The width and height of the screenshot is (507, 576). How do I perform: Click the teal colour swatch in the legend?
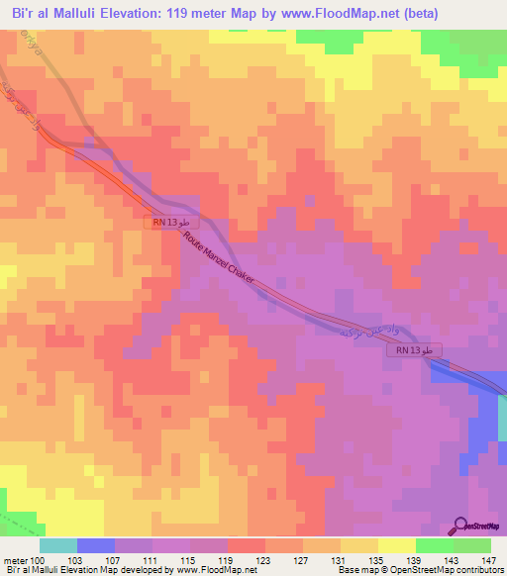58,545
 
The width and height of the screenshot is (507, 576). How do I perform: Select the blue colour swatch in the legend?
96,545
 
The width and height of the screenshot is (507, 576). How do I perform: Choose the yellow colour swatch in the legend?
396,545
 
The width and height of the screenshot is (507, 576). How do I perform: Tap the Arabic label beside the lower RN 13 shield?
366,332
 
